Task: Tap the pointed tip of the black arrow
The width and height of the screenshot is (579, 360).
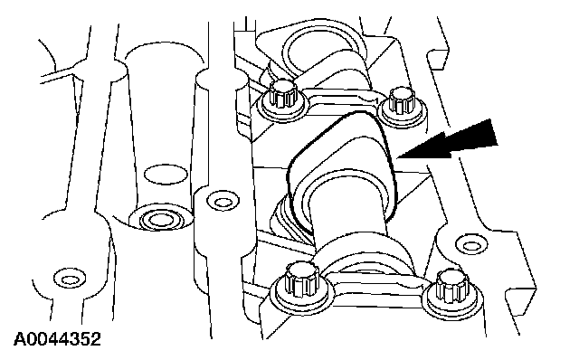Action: (x=397, y=157)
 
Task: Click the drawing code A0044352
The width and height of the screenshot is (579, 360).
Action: (x=57, y=339)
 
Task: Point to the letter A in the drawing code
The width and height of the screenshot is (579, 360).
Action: (x=20, y=339)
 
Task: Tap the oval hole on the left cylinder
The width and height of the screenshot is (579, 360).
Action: (x=166, y=175)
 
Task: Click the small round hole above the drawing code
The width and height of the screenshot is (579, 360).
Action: (x=70, y=279)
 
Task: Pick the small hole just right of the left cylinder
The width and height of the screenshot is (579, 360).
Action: (x=223, y=202)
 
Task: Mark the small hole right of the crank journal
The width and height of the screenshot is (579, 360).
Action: (x=470, y=244)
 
